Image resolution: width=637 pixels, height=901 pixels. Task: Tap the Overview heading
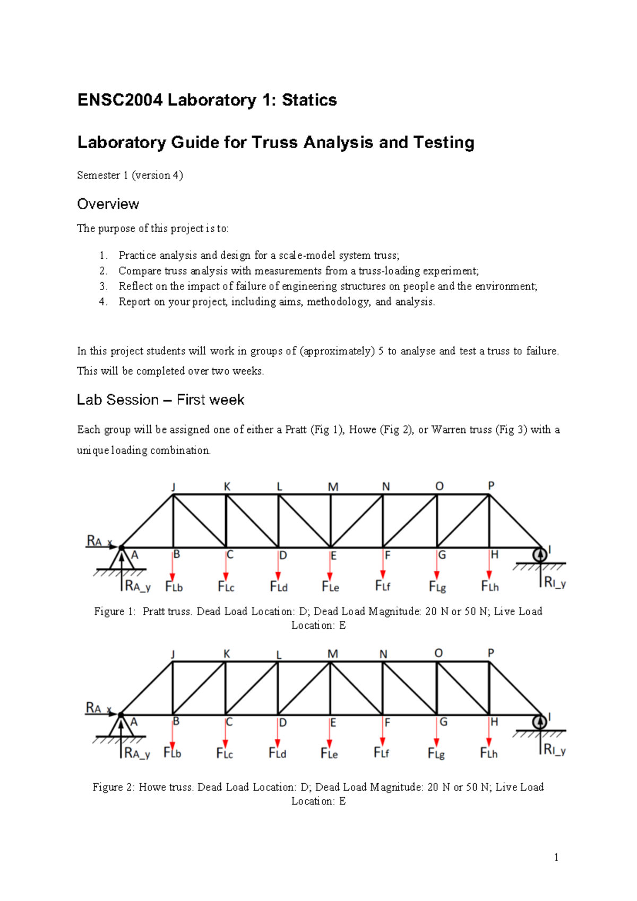tap(108, 204)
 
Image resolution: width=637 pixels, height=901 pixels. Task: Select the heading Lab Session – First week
tap(160, 399)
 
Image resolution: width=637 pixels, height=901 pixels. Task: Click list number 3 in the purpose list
tap(103, 286)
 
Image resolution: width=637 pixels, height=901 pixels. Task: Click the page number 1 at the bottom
tap(556, 857)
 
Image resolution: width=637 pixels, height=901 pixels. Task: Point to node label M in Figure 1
tap(333, 487)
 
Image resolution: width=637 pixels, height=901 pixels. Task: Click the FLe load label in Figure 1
tap(330, 586)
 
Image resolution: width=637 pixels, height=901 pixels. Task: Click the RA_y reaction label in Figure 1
tap(137, 586)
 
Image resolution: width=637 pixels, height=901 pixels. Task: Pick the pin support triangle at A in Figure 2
tap(121, 727)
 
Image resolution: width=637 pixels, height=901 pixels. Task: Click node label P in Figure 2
tap(490, 653)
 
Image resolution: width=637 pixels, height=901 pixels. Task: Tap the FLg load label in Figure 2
tap(436, 753)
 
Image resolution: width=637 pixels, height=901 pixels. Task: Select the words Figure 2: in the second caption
tap(113, 787)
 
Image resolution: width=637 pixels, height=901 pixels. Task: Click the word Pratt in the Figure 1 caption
tap(154, 611)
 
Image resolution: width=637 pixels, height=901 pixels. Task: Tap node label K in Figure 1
tap(227, 486)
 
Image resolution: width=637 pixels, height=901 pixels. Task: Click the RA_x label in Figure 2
tap(98, 708)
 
